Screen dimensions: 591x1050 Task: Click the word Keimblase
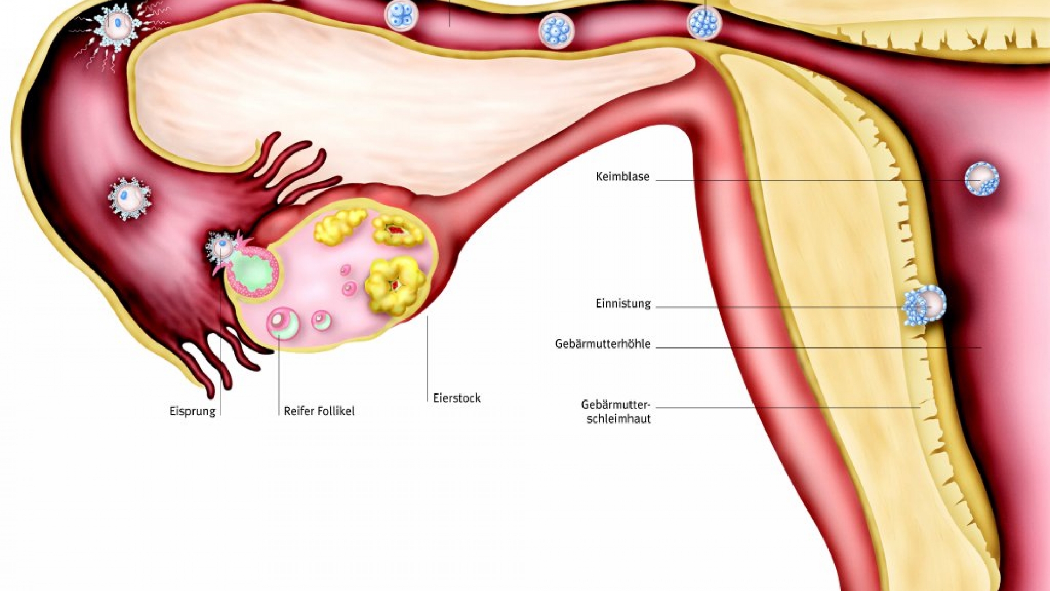tap(622, 177)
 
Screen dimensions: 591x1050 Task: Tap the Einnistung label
tap(623, 304)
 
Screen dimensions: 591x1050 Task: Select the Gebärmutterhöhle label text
tap(602, 344)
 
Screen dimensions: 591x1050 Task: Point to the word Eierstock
tap(457, 398)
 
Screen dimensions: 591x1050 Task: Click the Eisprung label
tap(192, 412)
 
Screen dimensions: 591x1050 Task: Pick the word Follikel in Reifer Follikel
tap(336, 412)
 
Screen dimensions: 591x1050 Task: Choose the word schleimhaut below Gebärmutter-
tap(619, 419)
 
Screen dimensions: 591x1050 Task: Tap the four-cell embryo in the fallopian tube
tap(401, 15)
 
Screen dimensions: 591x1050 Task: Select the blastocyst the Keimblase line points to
tap(982, 178)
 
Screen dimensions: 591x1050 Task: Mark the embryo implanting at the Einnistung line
tap(924, 305)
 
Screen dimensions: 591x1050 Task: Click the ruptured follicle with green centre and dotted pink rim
tap(252, 271)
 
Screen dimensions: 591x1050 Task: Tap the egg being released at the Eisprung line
tap(221, 247)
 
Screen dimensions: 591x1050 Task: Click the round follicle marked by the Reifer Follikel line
tap(283, 323)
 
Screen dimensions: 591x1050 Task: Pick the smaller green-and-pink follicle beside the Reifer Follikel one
tap(322, 320)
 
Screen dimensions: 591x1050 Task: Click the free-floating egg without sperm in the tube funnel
tap(129, 198)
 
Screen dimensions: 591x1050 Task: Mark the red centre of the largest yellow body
tap(394, 285)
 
